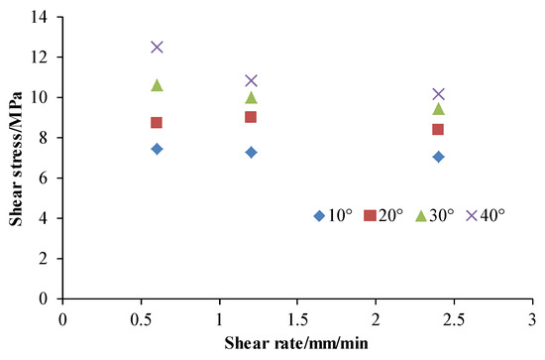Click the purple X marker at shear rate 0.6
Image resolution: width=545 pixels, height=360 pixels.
coord(157,47)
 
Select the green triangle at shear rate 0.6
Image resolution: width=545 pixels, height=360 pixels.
coord(157,85)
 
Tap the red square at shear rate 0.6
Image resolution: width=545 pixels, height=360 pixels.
coord(157,123)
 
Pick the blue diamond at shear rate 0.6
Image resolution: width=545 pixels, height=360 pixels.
coord(157,149)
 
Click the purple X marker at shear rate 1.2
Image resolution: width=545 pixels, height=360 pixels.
coord(251,80)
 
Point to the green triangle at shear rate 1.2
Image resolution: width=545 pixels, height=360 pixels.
coord(251,97)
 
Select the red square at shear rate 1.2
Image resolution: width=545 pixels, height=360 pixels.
coord(251,117)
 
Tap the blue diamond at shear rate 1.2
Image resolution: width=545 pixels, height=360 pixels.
coord(251,153)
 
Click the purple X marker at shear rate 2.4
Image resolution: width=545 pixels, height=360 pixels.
coord(438,94)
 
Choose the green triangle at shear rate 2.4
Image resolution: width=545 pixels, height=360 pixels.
coord(438,109)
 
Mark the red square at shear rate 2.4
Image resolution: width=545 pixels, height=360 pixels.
coord(438,129)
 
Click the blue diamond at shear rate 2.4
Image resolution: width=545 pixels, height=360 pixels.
coord(438,157)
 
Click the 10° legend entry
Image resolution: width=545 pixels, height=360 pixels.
coord(333,216)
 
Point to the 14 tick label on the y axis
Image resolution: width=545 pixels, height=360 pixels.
coord(43,18)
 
